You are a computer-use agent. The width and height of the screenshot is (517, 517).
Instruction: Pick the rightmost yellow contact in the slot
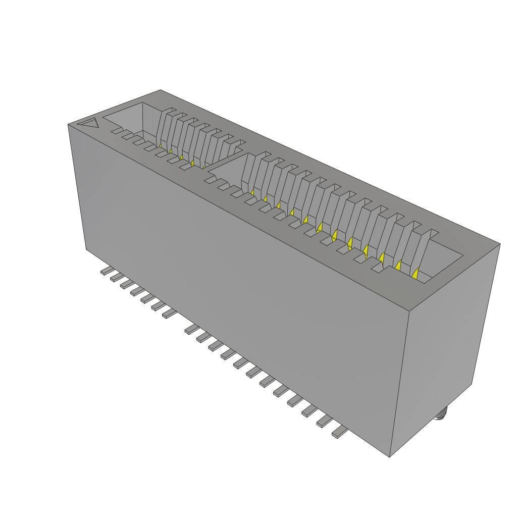click(x=416, y=274)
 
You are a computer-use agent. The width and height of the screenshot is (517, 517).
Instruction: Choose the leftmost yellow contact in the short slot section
click(x=161, y=145)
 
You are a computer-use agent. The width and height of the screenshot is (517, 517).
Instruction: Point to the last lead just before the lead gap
click(x=169, y=315)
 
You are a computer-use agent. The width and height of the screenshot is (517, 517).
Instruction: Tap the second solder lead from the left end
click(x=116, y=277)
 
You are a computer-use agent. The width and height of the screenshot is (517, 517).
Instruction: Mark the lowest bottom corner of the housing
click(x=390, y=457)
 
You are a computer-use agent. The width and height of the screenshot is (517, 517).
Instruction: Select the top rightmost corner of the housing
click(x=500, y=244)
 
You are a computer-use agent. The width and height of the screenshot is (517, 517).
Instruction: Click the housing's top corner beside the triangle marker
click(x=69, y=124)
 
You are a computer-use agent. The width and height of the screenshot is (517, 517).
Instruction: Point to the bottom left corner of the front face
click(x=86, y=249)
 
